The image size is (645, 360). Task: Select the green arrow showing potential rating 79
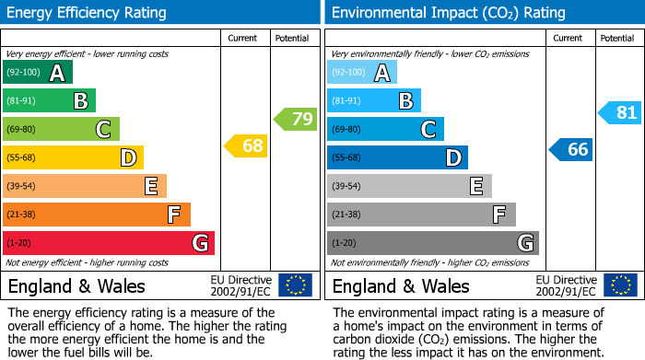pyautogui.click(x=295, y=119)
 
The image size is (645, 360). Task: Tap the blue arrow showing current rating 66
pyautogui.click(x=571, y=149)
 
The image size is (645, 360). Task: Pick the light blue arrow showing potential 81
pyautogui.click(x=620, y=113)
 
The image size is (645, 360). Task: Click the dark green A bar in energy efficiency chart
pyautogui.click(x=38, y=73)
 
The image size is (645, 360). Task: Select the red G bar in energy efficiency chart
pyautogui.click(x=109, y=243)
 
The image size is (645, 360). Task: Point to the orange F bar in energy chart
pyautogui.click(x=97, y=215)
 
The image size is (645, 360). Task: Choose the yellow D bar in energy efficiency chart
pyautogui.click(x=73, y=157)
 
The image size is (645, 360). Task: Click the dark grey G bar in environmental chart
pyautogui.click(x=432, y=243)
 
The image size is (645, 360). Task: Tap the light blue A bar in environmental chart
pyautogui.click(x=362, y=73)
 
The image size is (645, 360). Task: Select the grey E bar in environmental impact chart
pyautogui.click(x=409, y=186)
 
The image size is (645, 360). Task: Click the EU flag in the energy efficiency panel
pyautogui.click(x=295, y=285)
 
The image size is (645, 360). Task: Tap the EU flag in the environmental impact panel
pyautogui.click(x=620, y=285)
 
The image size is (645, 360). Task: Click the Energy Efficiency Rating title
pyautogui.click(x=88, y=13)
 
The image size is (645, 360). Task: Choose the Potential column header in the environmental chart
pyautogui.click(x=617, y=38)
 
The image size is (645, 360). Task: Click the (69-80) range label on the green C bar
pyautogui.click(x=22, y=130)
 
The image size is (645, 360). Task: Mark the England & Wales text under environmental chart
pyautogui.click(x=401, y=286)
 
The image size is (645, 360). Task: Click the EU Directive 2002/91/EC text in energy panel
pyautogui.click(x=240, y=285)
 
